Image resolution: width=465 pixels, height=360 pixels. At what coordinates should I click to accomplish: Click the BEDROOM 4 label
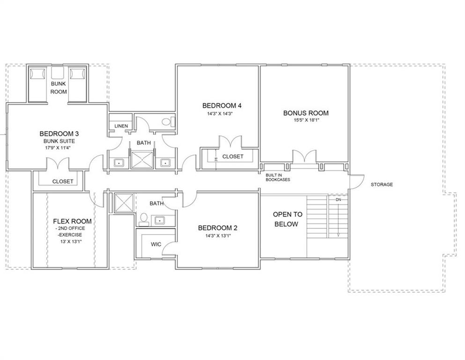(222, 105)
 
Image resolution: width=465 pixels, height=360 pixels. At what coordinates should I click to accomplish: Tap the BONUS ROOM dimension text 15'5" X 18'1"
(306, 120)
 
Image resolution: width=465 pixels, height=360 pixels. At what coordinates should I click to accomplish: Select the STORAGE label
(382, 185)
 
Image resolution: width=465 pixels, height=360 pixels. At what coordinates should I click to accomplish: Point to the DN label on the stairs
(339, 200)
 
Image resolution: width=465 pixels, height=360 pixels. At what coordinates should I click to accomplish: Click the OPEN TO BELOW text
(288, 219)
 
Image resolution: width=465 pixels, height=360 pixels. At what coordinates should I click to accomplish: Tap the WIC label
(156, 244)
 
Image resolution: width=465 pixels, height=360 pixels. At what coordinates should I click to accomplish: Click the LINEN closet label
(121, 126)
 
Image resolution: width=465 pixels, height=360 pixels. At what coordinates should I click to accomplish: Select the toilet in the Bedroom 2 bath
(144, 219)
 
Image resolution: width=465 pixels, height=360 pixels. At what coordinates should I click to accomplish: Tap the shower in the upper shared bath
(143, 160)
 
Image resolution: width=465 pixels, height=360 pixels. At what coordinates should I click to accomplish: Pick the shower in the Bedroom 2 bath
(124, 203)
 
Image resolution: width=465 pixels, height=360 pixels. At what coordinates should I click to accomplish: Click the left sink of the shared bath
(118, 163)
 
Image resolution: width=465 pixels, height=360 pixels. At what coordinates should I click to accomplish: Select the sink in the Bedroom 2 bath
(160, 220)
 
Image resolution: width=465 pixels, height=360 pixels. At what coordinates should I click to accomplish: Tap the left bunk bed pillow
(38, 74)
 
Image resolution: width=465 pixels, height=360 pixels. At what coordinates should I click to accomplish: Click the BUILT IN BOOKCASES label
(278, 178)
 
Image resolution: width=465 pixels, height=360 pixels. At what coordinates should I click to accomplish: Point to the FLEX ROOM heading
(73, 221)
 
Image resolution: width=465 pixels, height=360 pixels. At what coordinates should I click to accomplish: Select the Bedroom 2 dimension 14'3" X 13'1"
(218, 236)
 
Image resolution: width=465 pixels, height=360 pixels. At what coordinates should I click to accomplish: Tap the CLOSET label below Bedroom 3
(63, 181)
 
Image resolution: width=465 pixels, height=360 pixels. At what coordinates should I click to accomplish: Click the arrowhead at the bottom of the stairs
(338, 235)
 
